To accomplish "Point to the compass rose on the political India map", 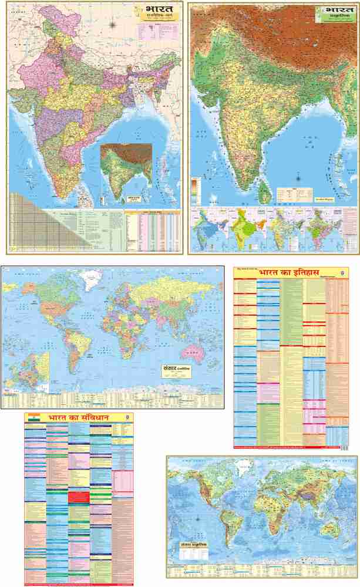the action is pyautogui.click(x=113, y=25).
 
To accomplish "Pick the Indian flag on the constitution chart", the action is pyautogui.click(x=33, y=418).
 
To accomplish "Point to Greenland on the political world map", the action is pyautogui.click(x=92, y=281).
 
